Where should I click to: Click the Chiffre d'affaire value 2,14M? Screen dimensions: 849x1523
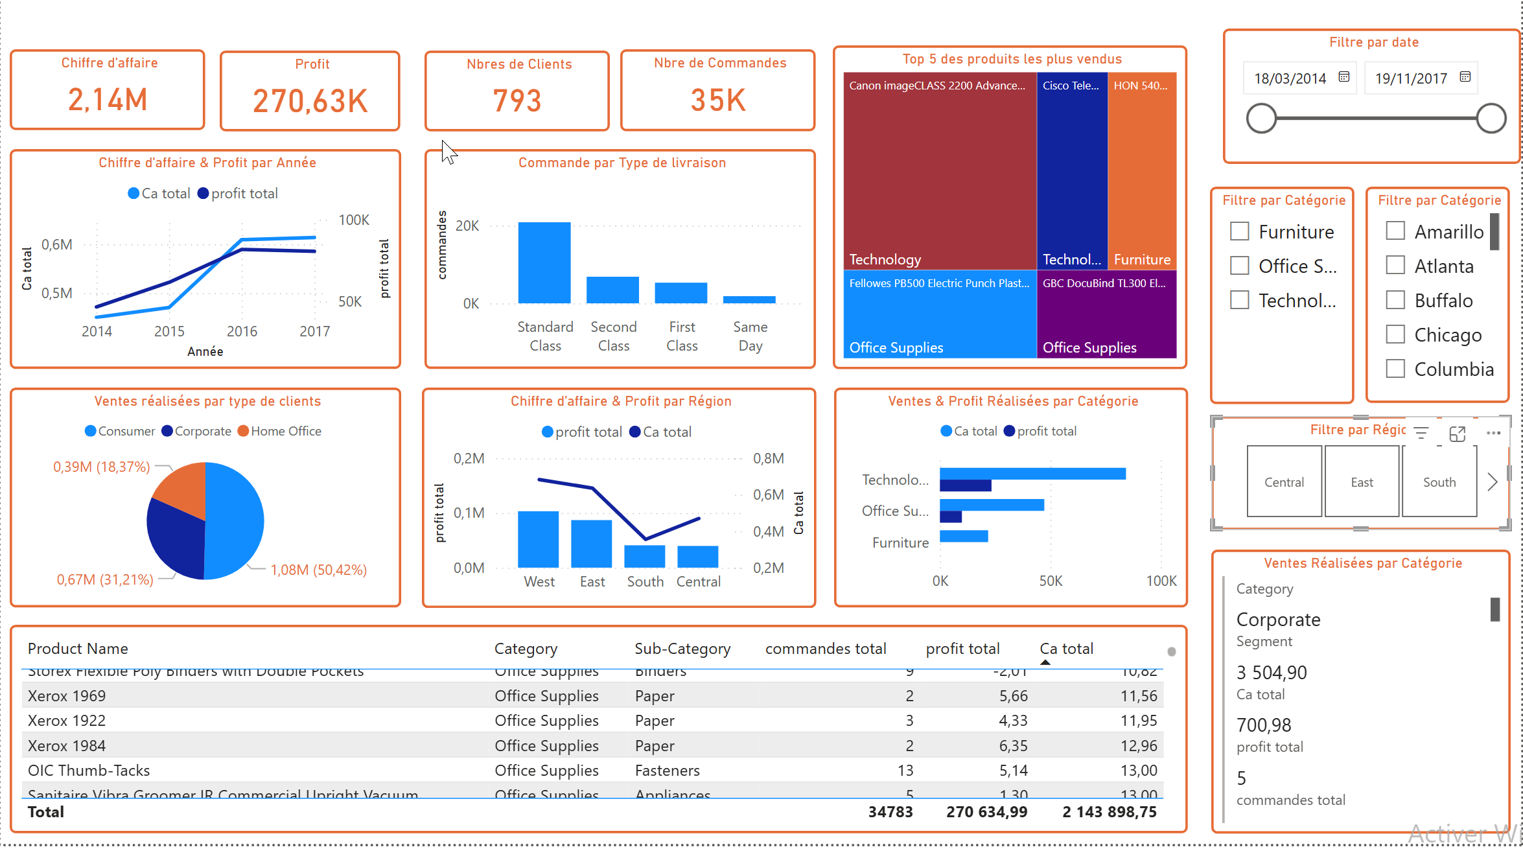(108, 100)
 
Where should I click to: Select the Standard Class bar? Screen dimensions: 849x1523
(544, 262)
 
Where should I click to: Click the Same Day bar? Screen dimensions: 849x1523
(749, 299)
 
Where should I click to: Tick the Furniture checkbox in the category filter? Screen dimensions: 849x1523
(1239, 231)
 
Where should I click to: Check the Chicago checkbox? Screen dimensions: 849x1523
(1395, 334)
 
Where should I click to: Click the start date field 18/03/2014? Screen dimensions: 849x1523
(1290, 78)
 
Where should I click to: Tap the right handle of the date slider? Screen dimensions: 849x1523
(1491, 119)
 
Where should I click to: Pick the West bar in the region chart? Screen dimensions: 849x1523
(538, 539)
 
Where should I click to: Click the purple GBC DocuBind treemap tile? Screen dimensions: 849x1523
(1106, 314)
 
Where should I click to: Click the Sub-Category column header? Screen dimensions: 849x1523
(682, 649)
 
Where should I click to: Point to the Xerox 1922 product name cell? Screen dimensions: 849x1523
(67, 721)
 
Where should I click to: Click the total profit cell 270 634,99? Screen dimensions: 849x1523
(986, 812)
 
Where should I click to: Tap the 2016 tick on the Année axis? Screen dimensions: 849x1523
(242, 331)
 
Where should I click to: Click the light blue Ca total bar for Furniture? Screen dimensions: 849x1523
(964, 536)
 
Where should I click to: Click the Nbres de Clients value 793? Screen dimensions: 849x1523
(517, 100)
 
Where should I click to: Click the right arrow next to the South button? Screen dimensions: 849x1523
(1493, 482)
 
